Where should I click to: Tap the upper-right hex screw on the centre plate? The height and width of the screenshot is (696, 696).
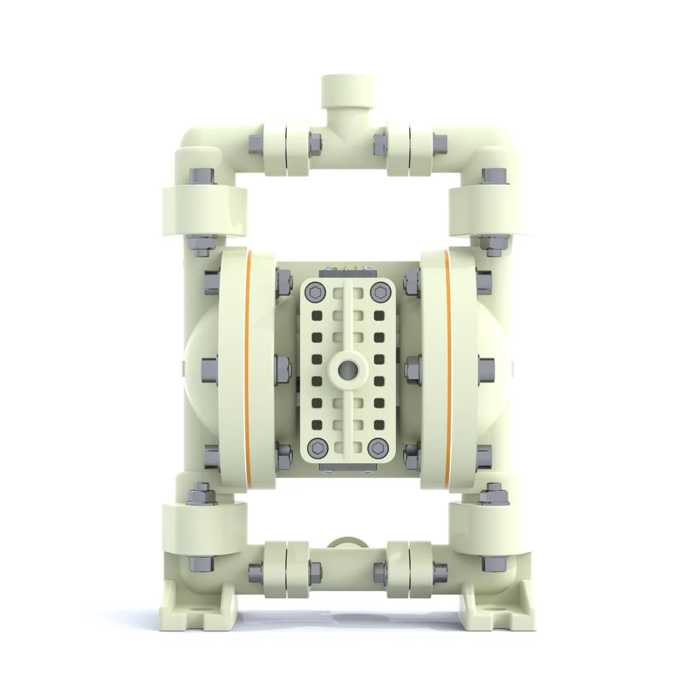coord(378,292)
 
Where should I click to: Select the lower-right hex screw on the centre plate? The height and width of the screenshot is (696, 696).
coord(378,447)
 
